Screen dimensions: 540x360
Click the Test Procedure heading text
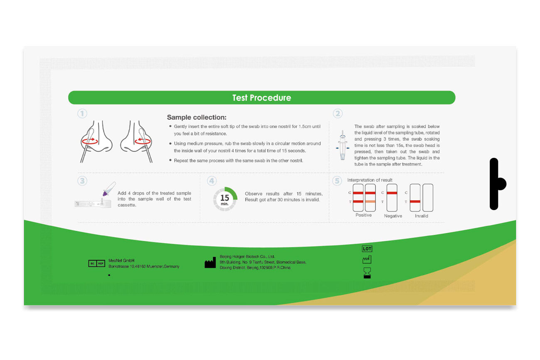click(x=262, y=98)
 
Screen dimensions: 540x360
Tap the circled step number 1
click(x=82, y=113)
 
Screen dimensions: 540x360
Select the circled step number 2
click(x=337, y=113)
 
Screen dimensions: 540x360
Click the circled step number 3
click(x=82, y=181)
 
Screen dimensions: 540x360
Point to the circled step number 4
click(x=212, y=181)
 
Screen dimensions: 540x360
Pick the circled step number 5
click(x=337, y=181)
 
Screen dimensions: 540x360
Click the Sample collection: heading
click(x=197, y=118)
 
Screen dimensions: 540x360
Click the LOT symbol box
click(x=367, y=249)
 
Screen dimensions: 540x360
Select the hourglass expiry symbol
click(x=367, y=273)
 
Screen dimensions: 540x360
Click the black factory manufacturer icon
click(x=210, y=263)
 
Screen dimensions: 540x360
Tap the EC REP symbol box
click(x=97, y=263)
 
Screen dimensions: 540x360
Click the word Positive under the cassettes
click(x=363, y=215)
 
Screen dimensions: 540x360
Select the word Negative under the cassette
click(x=393, y=216)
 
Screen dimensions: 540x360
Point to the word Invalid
click(x=421, y=216)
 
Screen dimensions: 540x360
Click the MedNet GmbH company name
click(x=121, y=260)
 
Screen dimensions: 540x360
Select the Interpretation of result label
click(x=370, y=180)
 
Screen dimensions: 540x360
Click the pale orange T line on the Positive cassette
click(x=370, y=201)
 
